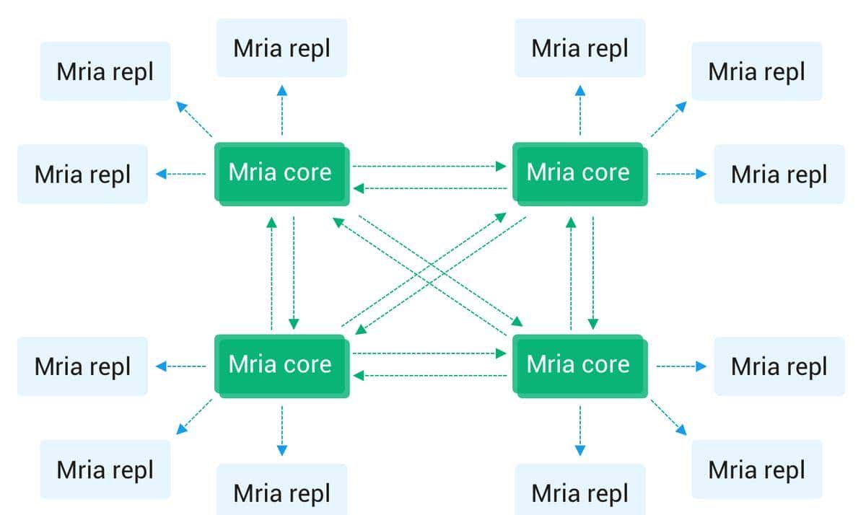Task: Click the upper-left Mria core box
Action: pos(280,173)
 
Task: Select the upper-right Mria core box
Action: pos(578,173)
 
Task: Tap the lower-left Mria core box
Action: pos(280,365)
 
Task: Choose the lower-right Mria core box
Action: pos(578,365)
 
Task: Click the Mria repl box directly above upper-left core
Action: pos(281,48)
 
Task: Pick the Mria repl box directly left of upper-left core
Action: pos(82,174)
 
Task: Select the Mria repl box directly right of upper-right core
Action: pos(779,174)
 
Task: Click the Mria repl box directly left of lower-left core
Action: pos(82,366)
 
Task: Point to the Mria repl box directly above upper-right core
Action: pos(579,48)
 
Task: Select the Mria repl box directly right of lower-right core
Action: pos(779,366)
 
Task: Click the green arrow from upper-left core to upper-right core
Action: pos(429,166)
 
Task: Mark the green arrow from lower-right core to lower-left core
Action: pos(429,375)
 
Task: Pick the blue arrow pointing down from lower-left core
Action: pos(282,430)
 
